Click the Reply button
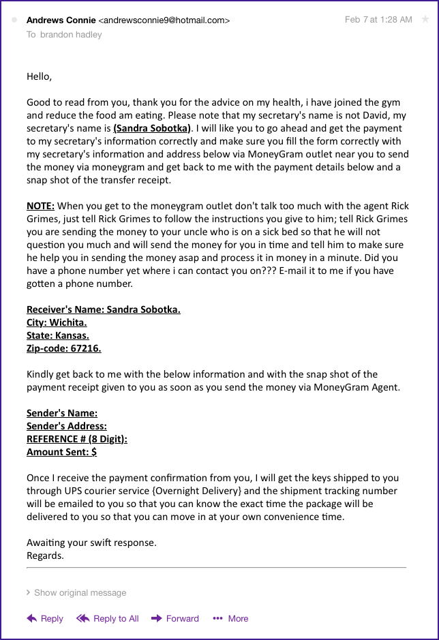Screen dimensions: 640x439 [45, 618]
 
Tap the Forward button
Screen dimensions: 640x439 [175, 618]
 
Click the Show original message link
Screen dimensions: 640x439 [76, 592]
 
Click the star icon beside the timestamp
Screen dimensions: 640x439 [425, 20]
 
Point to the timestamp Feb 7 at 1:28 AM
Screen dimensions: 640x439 [378, 20]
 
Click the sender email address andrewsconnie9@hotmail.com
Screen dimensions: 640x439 [164, 20]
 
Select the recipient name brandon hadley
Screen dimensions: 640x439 [70, 34]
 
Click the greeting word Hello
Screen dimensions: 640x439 [39, 76]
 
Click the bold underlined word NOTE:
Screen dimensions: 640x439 [40, 206]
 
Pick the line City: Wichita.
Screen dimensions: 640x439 [57, 322]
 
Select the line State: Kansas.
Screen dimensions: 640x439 [58, 335]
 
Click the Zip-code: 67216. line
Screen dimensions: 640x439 [63, 348]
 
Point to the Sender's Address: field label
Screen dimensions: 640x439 [67, 426]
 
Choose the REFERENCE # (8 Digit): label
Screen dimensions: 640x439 [77, 439]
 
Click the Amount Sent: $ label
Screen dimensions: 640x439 [61, 452]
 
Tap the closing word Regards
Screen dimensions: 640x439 [45, 555]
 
